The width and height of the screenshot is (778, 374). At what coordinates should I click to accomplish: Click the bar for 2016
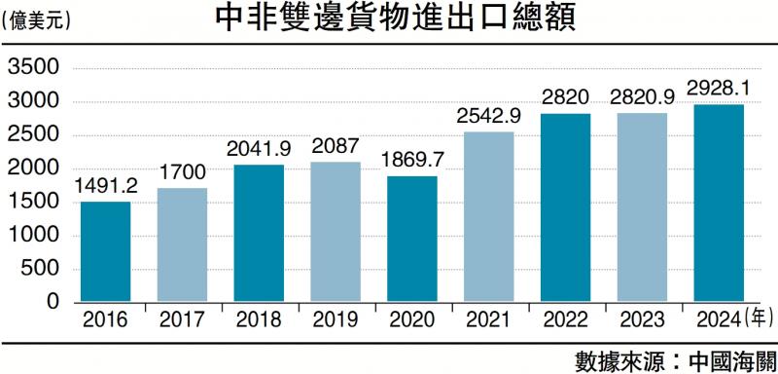pyautogui.click(x=105, y=251)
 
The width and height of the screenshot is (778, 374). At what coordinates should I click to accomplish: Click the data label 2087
pyautogui.click(x=336, y=147)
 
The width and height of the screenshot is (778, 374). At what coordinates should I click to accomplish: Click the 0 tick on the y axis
pyautogui.click(x=54, y=302)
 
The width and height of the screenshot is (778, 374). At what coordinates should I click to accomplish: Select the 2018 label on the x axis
pyautogui.click(x=258, y=318)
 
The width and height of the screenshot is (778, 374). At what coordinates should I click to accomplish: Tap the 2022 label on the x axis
pyautogui.click(x=565, y=318)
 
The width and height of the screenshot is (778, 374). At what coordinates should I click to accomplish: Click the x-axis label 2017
pyautogui.click(x=182, y=318)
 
